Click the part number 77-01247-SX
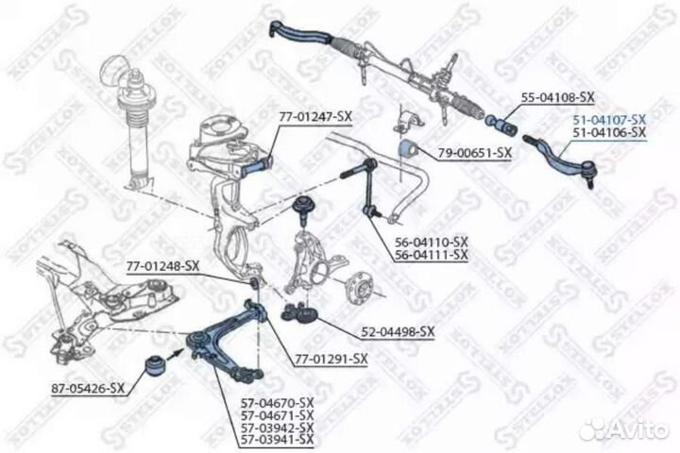pos(314,116)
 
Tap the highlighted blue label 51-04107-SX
pos(610,120)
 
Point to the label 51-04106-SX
pos(610,133)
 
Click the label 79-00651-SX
pos(474,152)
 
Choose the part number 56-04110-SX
pos(432,243)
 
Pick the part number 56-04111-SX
pos(432,255)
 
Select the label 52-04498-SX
pos(398,332)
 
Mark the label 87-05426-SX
pos(89,388)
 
